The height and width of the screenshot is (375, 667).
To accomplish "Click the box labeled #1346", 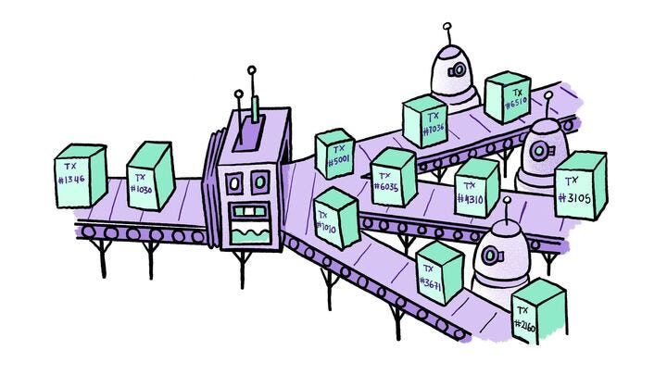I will [x=80, y=176].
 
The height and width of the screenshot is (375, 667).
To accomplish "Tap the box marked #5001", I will [x=335, y=153].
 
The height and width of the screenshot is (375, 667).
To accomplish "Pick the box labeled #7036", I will [x=425, y=123].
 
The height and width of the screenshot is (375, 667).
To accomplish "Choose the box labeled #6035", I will [x=393, y=177].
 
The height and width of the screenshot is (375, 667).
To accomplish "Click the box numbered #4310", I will [x=477, y=187].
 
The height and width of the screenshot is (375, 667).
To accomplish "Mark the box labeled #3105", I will [x=580, y=185].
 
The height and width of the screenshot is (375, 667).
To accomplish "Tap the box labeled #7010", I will [x=335, y=219].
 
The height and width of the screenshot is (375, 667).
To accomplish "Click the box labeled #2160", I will [x=538, y=313].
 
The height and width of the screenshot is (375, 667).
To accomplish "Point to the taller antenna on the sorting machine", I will [x=250, y=69].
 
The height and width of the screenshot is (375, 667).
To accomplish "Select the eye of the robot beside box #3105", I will [x=537, y=146].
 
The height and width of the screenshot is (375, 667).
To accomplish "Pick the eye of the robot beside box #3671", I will [x=489, y=254].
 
